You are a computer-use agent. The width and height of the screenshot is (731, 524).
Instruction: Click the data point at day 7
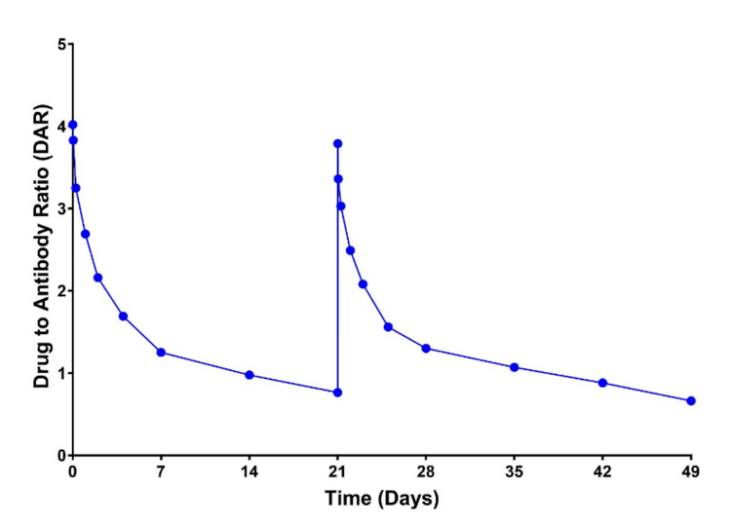click(x=161, y=353)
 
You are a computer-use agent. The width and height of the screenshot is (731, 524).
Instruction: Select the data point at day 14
click(x=250, y=375)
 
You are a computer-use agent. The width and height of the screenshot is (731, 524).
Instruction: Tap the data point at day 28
click(x=426, y=348)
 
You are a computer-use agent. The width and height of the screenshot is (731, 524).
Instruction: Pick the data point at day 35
click(x=515, y=367)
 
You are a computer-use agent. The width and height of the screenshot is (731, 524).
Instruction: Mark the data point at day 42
click(x=602, y=383)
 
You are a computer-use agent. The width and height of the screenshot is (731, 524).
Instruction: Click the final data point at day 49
click(x=691, y=401)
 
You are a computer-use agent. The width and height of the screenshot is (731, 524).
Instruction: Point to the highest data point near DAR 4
click(x=72, y=125)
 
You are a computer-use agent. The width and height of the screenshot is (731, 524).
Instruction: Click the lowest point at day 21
click(x=337, y=393)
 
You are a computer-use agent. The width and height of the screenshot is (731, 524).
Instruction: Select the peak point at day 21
click(x=337, y=143)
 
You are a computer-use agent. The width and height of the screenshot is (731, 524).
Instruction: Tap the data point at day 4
click(x=123, y=317)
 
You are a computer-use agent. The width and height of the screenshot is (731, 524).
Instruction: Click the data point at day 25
click(x=388, y=327)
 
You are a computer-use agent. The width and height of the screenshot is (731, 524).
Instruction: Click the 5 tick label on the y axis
click(x=59, y=45)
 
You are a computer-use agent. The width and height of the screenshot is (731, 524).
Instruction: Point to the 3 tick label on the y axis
click(x=59, y=209)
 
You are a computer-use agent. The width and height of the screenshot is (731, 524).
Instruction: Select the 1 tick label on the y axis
click(x=59, y=374)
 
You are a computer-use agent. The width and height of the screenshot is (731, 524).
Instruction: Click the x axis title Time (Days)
click(x=381, y=499)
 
